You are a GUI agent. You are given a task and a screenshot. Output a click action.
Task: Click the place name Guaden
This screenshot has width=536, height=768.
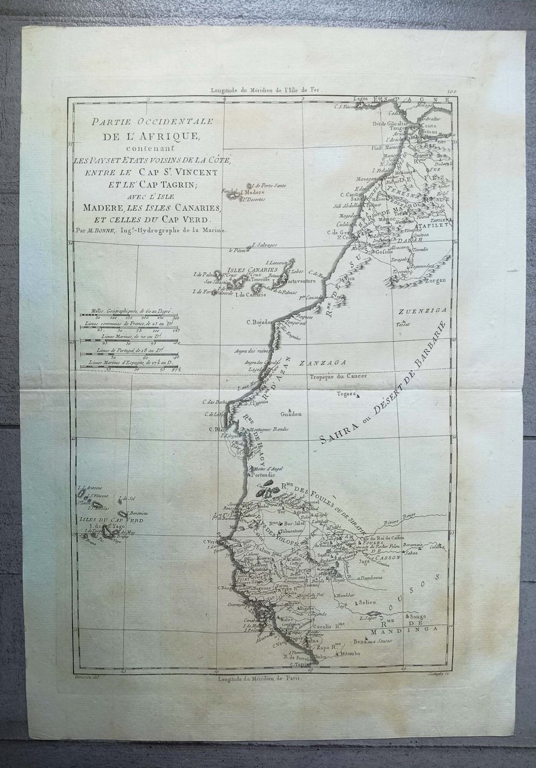[290, 414]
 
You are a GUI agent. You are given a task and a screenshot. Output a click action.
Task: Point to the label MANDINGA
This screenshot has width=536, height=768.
[405, 631]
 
